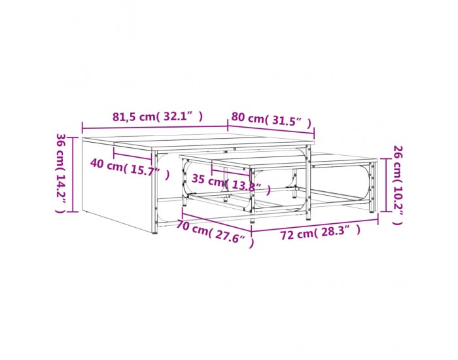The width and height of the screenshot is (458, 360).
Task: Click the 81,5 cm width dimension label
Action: (158, 117)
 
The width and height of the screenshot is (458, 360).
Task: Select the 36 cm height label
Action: (61, 173)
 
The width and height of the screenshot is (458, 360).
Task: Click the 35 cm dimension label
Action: (231, 183)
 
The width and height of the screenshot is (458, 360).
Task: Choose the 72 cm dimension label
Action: (321, 232)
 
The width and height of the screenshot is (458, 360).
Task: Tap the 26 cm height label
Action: (398, 185)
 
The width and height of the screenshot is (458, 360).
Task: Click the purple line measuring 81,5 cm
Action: (155, 128)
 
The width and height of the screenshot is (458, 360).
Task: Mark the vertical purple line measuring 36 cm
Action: (73, 175)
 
